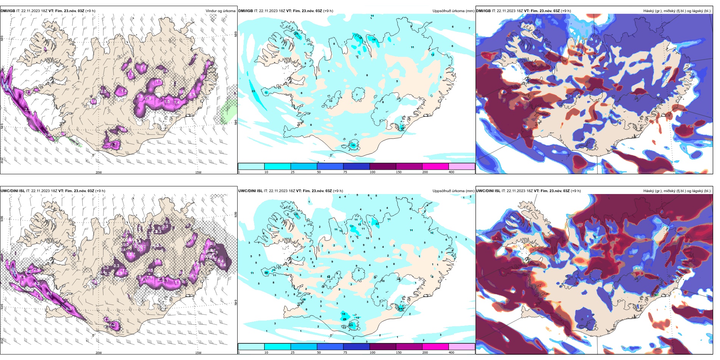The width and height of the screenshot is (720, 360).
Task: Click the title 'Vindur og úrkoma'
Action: click(220, 11)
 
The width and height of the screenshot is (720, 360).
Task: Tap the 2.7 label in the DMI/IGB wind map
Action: click(113, 145)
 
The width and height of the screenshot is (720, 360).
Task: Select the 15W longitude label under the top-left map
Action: click(198, 172)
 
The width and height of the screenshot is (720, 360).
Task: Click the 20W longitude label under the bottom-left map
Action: click(99, 352)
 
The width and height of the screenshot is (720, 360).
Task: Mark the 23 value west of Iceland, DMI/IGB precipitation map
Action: click(253, 91)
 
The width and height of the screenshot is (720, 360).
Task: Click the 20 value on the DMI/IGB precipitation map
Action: click(296, 34)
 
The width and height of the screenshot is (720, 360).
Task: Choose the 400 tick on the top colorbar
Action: click(451, 172)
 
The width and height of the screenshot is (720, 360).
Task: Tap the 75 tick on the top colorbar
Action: click(345, 172)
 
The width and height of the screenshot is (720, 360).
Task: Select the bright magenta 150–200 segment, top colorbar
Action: click(435, 166)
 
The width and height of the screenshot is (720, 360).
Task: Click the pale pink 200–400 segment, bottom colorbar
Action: click(462, 346)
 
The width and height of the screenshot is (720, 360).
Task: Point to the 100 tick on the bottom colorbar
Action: click(373, 352)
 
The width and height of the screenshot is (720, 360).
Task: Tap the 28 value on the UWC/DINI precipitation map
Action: click(266, 272)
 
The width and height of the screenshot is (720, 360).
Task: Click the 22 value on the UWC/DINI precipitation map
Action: click(377, 224)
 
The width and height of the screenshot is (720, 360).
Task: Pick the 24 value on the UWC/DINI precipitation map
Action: click(401, 308)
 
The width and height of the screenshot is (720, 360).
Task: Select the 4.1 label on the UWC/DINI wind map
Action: click(49, 293)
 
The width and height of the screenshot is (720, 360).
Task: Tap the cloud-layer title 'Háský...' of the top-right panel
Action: click(677, 11)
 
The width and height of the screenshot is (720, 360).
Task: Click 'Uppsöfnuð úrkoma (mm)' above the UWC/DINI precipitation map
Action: click(453, 191)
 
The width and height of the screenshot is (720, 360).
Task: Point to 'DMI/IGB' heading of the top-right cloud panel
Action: click(483, 11)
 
